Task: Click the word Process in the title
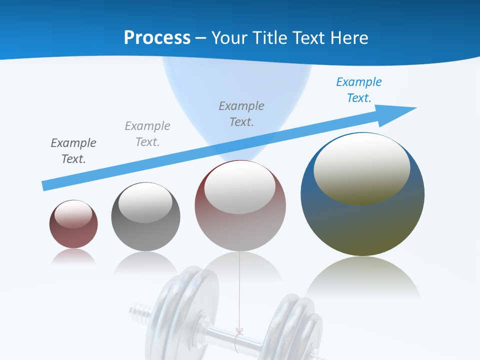pos(157,37)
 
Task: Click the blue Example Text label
pos(358,90)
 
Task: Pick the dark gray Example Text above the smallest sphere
pos(73,151)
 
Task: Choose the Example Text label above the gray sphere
pos(147,134)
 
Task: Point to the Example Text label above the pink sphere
pos(241,114)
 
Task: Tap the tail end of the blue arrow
pos(46,185)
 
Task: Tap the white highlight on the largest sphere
pos(361,168)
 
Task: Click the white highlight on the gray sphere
pos(145,202)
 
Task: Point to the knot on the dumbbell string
pos(239,331)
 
